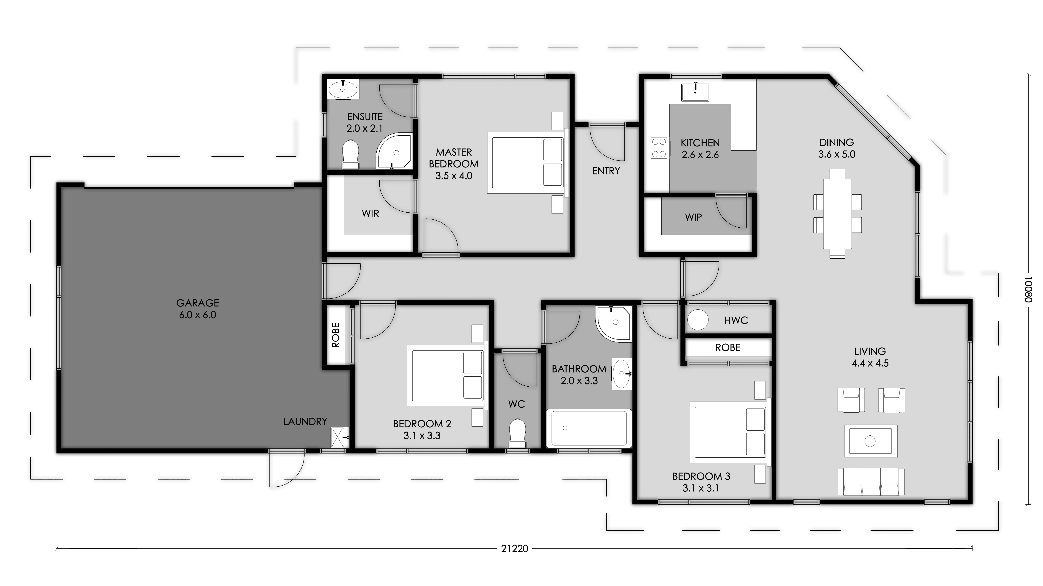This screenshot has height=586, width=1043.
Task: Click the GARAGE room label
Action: [198, 303]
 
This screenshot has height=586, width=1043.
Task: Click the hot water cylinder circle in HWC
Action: [698, 320]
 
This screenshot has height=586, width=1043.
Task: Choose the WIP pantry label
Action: [693, 217]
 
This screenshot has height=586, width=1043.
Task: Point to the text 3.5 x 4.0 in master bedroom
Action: [454, 176]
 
